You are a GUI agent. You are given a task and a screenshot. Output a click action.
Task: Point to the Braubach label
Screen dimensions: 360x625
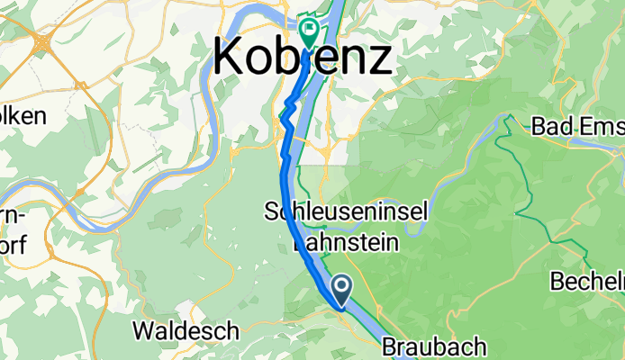tap(434, 346)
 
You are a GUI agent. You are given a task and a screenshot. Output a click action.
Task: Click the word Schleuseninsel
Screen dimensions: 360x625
tap(345, 212)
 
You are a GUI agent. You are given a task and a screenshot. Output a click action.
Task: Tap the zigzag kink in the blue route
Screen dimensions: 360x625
tap(288, 112)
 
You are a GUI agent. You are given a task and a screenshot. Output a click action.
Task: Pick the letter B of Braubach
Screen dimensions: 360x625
tap(391, 346)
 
